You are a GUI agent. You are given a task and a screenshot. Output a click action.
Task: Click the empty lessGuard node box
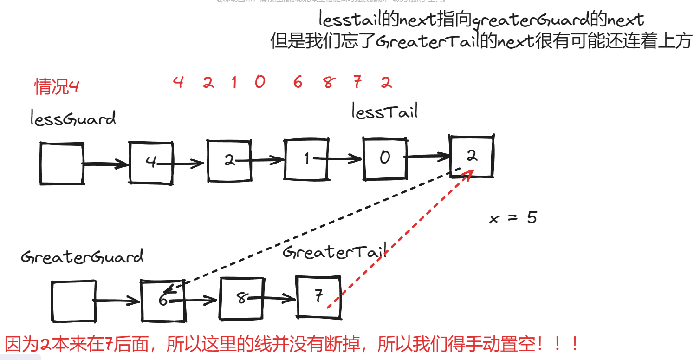pyautogui.click(x=62, y=164)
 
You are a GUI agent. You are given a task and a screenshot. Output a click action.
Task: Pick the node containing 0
pyautogui.click(x=384, y=158)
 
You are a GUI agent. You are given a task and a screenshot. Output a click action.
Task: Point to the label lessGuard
pyautogui.click(x=73, y=119)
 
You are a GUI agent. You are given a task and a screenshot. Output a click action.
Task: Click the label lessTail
pyautogui.click(x=384, y=111)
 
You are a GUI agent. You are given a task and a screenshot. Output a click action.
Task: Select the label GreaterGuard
pyautogui.click(x=82, y=257)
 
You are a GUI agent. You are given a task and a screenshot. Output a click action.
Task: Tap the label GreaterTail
pyautogui.click(x=334, y=252)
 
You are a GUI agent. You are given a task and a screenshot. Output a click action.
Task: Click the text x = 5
pyautogui.click(x=513, y=217)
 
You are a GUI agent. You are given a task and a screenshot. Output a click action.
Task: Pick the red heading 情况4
pyautogui.click(x=57, y=86)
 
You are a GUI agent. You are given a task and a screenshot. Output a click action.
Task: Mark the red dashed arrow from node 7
pyautogui.click(x=399, y=239)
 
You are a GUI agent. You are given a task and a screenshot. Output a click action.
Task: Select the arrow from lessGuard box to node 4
pyautogui.click(x=106, y=164)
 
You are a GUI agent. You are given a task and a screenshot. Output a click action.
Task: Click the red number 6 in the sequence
pyautogui.click(x=298, y=83)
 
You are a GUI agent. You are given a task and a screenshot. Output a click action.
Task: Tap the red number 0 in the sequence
pyautogui.click(x=260, y=82)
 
